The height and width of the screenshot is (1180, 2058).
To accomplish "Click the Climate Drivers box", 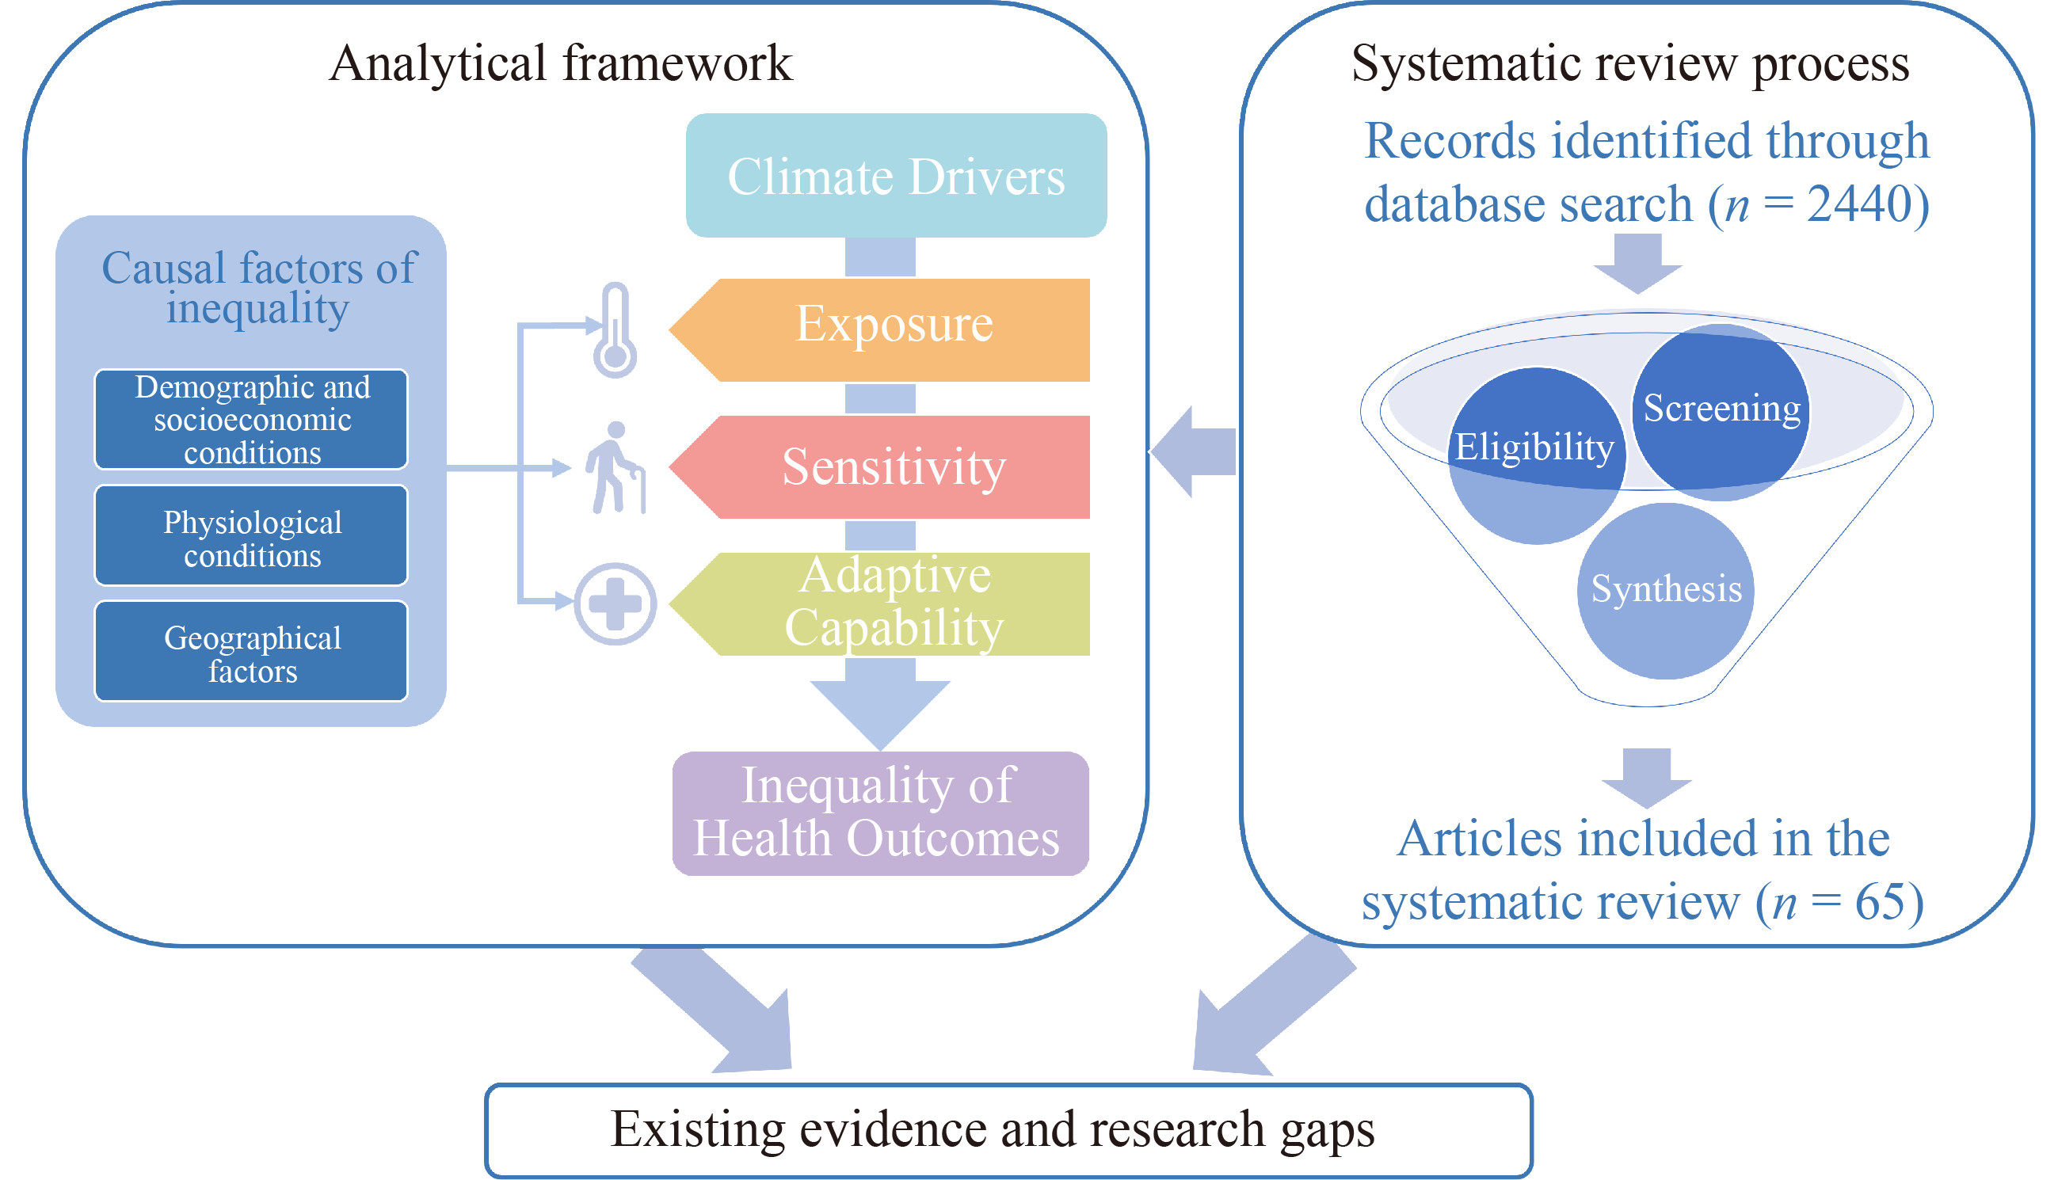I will coord(896,176).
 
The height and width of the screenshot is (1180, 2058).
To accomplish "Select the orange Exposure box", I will coord(892,330).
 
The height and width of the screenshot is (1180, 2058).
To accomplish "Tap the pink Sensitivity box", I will coord(892,466).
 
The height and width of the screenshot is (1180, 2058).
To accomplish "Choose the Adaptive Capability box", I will coord(892,603).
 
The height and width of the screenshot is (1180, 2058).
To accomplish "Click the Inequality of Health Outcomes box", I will coord(879,813).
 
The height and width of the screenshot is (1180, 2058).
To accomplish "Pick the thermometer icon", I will coord(615,331).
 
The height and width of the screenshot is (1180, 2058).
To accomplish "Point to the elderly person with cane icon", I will coord(616,467).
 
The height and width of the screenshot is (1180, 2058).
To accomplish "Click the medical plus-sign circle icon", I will coord(615,603).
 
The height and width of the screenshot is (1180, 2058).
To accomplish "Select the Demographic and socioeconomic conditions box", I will coord(251,419).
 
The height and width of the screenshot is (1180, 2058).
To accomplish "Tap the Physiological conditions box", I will coord(251,535).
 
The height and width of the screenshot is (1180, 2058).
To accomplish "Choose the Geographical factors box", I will coord(251,652).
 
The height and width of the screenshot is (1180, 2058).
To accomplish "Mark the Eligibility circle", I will coord(1535,454).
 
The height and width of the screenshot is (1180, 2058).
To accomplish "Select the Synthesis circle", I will coord(1666,590).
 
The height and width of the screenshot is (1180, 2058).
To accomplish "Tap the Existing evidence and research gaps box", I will coord(1008,1130).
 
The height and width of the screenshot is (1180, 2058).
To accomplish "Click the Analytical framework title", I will coord(560,63).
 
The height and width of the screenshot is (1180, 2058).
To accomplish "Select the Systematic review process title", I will coord(1630,63).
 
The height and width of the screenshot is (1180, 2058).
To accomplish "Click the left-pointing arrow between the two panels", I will coord(1195,451).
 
